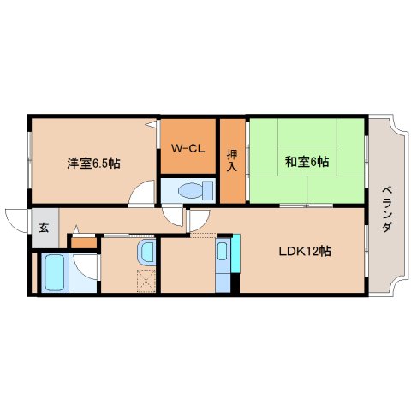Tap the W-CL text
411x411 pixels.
(188, 148)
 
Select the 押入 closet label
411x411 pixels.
(232, 159)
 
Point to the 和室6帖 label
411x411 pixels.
(307, 161)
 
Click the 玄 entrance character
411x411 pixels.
(44, 228)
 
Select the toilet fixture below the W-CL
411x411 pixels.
(190, 190)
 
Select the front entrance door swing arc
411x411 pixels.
(15, 218)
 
